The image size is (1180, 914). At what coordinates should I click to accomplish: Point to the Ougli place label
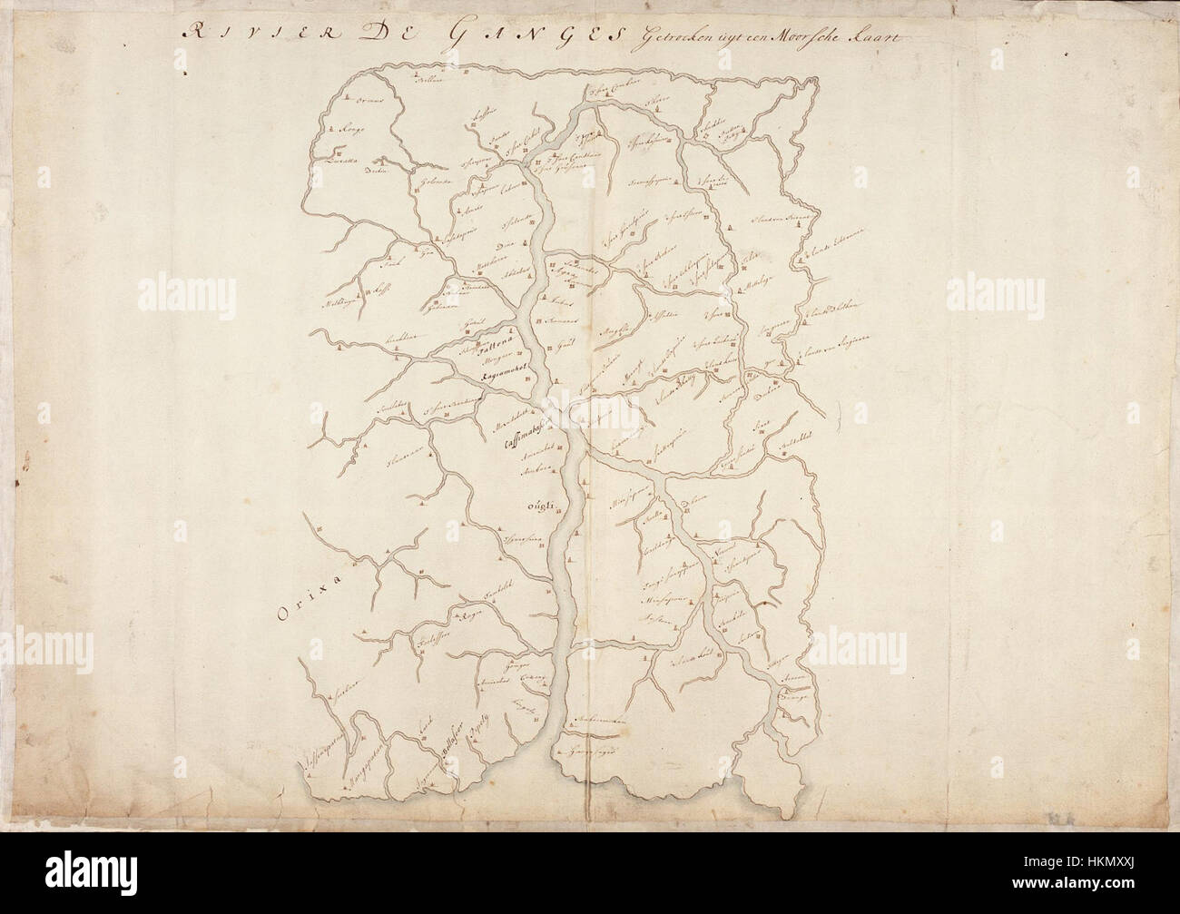[530, 507]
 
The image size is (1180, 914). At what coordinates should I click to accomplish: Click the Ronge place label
[351, 130]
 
